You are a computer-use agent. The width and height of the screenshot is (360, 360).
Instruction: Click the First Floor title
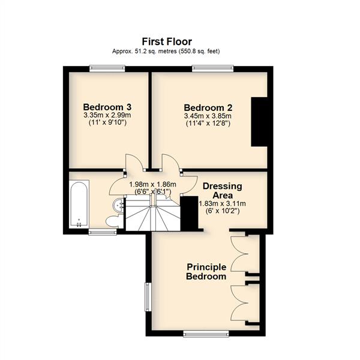pos(167,41)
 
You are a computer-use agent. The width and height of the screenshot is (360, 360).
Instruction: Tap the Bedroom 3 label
pos(107,107)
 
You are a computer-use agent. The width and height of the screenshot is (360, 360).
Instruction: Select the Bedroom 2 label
pos(208,107)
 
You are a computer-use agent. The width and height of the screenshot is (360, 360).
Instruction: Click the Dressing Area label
pos(223,191)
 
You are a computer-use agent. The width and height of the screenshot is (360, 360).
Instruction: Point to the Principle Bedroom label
pos(206,272)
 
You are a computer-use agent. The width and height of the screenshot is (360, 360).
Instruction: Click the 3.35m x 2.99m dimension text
pos(107,115)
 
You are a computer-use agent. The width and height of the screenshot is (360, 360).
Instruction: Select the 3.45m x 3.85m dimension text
pos(208,115)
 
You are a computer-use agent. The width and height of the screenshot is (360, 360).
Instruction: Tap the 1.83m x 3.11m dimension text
pos(222,203)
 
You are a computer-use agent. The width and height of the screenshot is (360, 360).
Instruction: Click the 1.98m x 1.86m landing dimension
pos(152,184)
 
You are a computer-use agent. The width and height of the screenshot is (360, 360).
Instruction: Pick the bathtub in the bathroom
pos(79,204)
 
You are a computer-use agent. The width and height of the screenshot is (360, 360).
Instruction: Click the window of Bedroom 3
pos(107,68)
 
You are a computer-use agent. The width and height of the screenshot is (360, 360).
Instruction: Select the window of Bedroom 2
pos(212,68)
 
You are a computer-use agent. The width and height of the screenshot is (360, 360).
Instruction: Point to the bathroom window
pos(103,233)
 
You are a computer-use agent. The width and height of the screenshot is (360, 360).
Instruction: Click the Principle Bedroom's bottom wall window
pos(206,334)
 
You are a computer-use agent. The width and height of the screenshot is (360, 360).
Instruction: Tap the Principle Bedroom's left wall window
pos(148,297)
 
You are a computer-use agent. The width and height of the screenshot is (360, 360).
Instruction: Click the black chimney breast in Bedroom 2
pos(259,122)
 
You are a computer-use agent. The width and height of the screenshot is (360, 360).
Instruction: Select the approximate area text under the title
pos(166,51)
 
